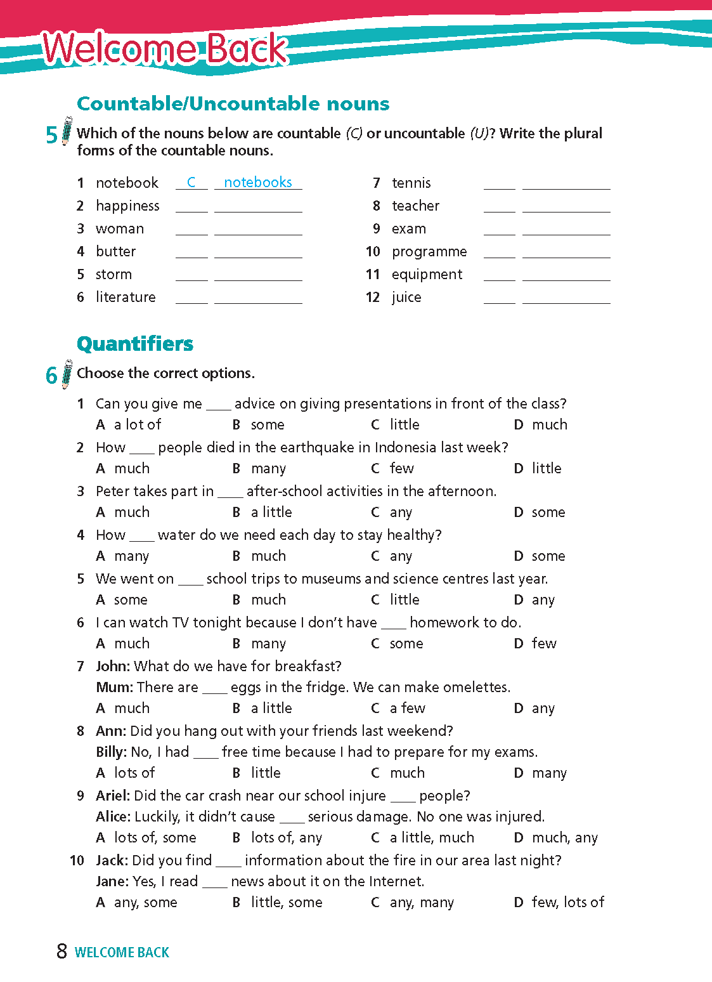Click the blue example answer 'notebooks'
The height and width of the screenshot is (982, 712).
click(x=258, y=183)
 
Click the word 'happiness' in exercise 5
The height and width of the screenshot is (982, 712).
click(x=127, y=206)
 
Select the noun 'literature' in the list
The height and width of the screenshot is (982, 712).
click(x=126, y=298)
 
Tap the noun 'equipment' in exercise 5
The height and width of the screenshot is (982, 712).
click(x=427, y=275)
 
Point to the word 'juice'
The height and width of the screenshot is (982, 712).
click(x=406, y=298)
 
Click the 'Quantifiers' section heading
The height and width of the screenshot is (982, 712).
click(x=135, y=344)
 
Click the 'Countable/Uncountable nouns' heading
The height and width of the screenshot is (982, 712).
click(x=233, y=103)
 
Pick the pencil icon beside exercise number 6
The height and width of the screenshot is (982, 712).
click(x=67, y=374)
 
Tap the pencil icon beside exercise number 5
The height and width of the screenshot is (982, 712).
click(x=67, y=131)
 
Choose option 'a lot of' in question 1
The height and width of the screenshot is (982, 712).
click(x=138, y=425)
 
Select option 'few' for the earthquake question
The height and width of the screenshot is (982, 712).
click(x=401, y=469)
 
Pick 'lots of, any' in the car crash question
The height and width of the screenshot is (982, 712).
click(x=287, y=838)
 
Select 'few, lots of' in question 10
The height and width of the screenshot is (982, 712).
click(x=568, y=903)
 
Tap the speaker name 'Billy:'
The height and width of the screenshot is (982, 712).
click(x=112, y=752)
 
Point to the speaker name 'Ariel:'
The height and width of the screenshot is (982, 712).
click(x=113, y=796)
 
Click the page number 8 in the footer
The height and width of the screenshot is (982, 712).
click(x=61, y=952)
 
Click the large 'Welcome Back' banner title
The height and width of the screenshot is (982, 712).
click(x=165, y=49)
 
